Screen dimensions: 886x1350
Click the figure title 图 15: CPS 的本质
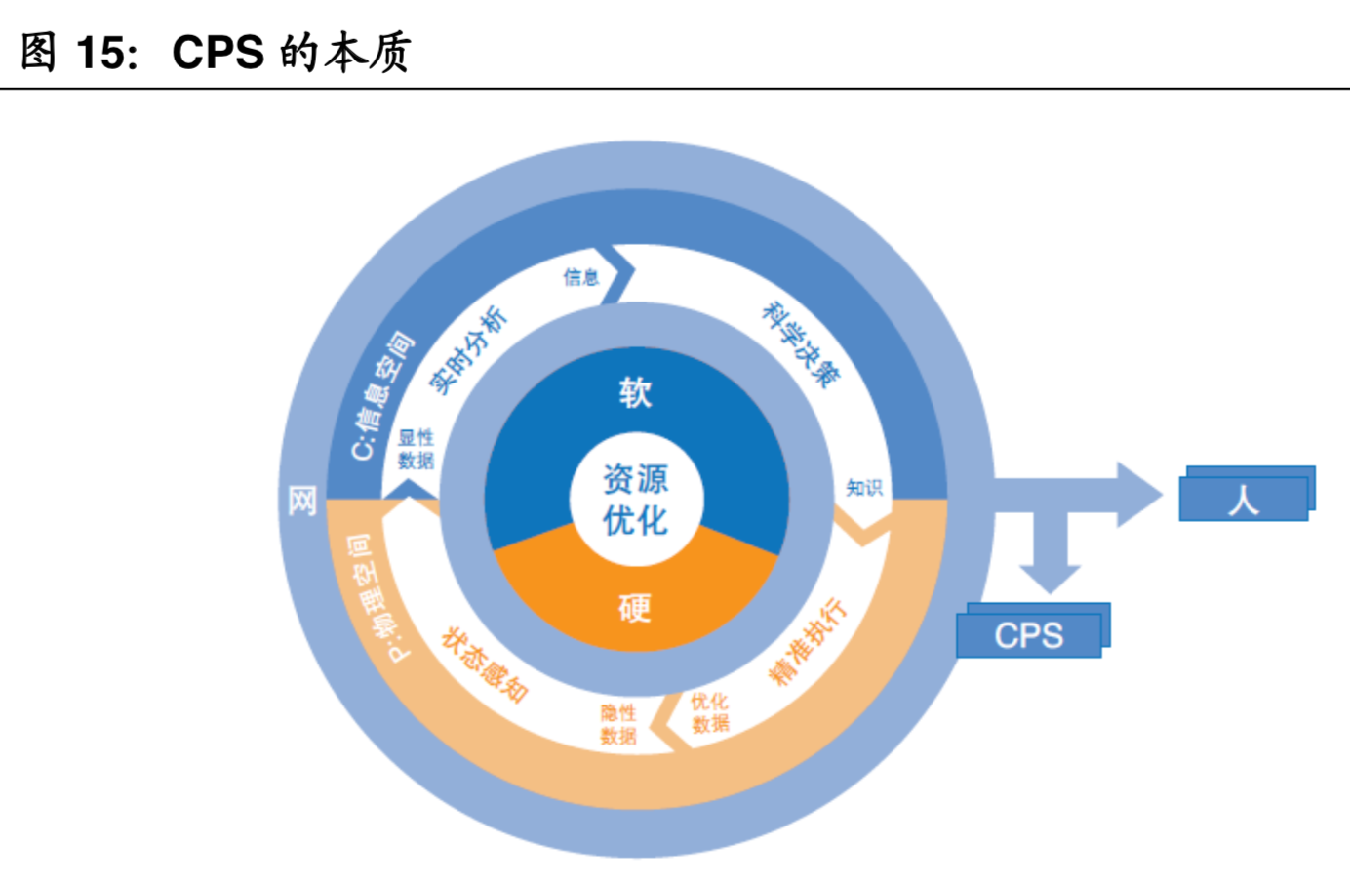click(x=216, y=52)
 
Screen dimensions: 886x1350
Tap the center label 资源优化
click(x=635, y=500)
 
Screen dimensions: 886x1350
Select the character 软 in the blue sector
click(x=635, y=392)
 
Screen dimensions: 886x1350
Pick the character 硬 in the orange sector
click(x=635, y=608)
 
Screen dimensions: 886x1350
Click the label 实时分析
click(x=469, y=349)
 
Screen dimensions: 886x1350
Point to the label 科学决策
click(x=800, y=344)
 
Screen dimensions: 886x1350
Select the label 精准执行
click(x=808, y=641)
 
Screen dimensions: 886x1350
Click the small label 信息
click(x=580, y=277)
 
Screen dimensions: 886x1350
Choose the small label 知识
click(x=863, y=487)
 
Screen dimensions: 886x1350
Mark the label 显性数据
click(x=416, y=449)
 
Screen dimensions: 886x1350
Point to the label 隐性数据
click(x=618, y=724)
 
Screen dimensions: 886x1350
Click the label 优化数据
click(x=710, y=712)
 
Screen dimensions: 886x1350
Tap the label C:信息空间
click(x=381, y=395)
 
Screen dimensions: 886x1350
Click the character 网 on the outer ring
click(x=302, y=501)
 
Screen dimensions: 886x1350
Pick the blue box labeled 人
click(x=1244, y=499)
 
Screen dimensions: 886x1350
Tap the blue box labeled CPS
click(x=1029, y=634)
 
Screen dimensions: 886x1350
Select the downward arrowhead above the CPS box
click(x=1049, y=577)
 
